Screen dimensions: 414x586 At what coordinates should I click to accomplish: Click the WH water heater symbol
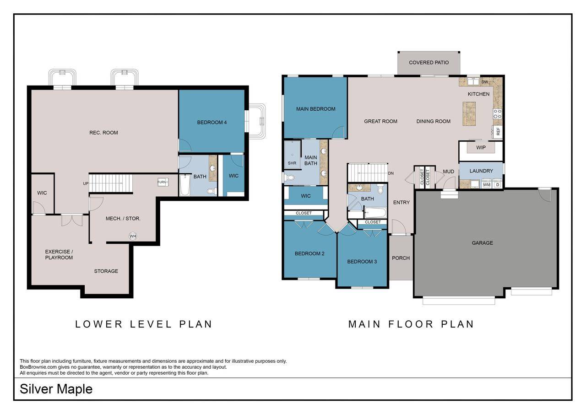133,236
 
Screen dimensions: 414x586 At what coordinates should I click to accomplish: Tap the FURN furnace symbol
163,182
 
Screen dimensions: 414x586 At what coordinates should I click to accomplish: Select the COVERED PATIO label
429,63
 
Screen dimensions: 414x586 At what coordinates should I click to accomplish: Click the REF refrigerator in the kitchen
498,131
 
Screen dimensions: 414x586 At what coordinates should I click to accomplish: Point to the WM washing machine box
486,185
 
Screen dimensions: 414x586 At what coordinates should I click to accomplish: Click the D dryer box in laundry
497,185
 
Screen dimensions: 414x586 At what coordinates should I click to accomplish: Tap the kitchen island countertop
469,113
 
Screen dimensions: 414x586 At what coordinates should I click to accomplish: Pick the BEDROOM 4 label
212,122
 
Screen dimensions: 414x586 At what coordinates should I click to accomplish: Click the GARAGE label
483,243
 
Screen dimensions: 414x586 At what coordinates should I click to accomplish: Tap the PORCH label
401,258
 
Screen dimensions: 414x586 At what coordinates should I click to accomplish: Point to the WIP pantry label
481,148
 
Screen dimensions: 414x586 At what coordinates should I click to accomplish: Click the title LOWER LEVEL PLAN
144,324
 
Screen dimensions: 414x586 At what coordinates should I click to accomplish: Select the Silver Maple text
56,389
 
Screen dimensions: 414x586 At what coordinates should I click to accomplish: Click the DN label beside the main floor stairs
391,173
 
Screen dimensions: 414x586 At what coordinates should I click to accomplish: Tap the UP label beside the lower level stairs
86,183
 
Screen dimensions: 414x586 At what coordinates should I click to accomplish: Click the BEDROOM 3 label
362,262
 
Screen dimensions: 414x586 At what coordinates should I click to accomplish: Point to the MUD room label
448,172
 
